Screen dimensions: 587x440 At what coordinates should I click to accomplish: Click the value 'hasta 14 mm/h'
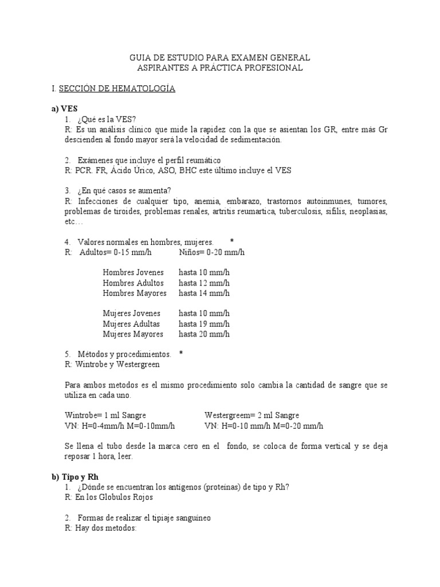204,293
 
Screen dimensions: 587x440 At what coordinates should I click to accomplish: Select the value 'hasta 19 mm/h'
204,324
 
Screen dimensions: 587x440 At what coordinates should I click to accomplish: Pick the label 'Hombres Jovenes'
133,272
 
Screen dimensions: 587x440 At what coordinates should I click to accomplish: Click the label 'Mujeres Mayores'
133,334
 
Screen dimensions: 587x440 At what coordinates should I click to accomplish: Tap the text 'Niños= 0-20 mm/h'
211,252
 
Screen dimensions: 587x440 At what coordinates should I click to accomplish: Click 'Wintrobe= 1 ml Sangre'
105,415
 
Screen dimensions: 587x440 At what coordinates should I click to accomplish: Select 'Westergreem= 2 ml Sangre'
252,415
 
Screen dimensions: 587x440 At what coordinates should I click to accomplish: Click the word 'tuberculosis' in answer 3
302,212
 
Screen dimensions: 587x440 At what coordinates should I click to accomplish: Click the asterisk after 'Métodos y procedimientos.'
181,354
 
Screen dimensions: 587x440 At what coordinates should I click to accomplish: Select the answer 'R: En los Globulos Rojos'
109,497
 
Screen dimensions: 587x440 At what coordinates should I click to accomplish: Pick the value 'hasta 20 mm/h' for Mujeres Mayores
204,334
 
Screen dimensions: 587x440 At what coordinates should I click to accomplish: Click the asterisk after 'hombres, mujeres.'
232,241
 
